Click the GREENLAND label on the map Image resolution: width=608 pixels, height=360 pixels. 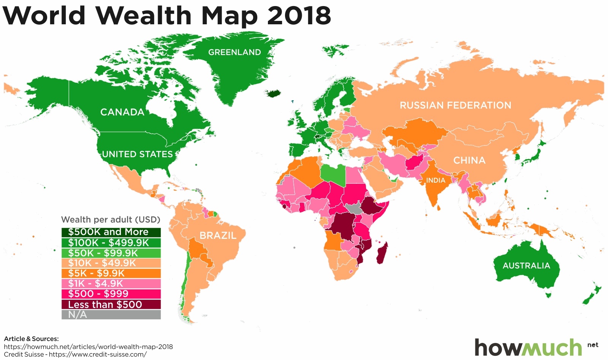click(234, 52)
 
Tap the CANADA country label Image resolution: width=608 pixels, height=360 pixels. click(122, 112)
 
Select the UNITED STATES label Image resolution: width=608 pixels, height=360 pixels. click(137, 154)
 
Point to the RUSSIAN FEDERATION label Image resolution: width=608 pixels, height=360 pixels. click(455, 105)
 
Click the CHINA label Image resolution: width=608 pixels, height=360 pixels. click(469, 160)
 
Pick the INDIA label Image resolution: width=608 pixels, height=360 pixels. click(435, 180)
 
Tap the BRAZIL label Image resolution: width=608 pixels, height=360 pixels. click(218, 235)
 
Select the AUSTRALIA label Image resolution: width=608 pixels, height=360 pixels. click(526, 265)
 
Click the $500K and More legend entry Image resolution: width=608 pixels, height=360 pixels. click(111, 232)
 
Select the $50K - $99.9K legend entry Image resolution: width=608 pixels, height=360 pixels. click(111, 253)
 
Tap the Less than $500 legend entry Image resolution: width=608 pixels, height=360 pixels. click(111, 304)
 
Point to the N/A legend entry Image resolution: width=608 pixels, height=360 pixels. click(111, 314)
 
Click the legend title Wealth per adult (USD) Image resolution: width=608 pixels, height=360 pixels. click(111, 219)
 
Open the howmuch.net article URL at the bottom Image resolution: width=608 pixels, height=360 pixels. click(88, 346)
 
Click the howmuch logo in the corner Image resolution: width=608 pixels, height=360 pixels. click(528, 347)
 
